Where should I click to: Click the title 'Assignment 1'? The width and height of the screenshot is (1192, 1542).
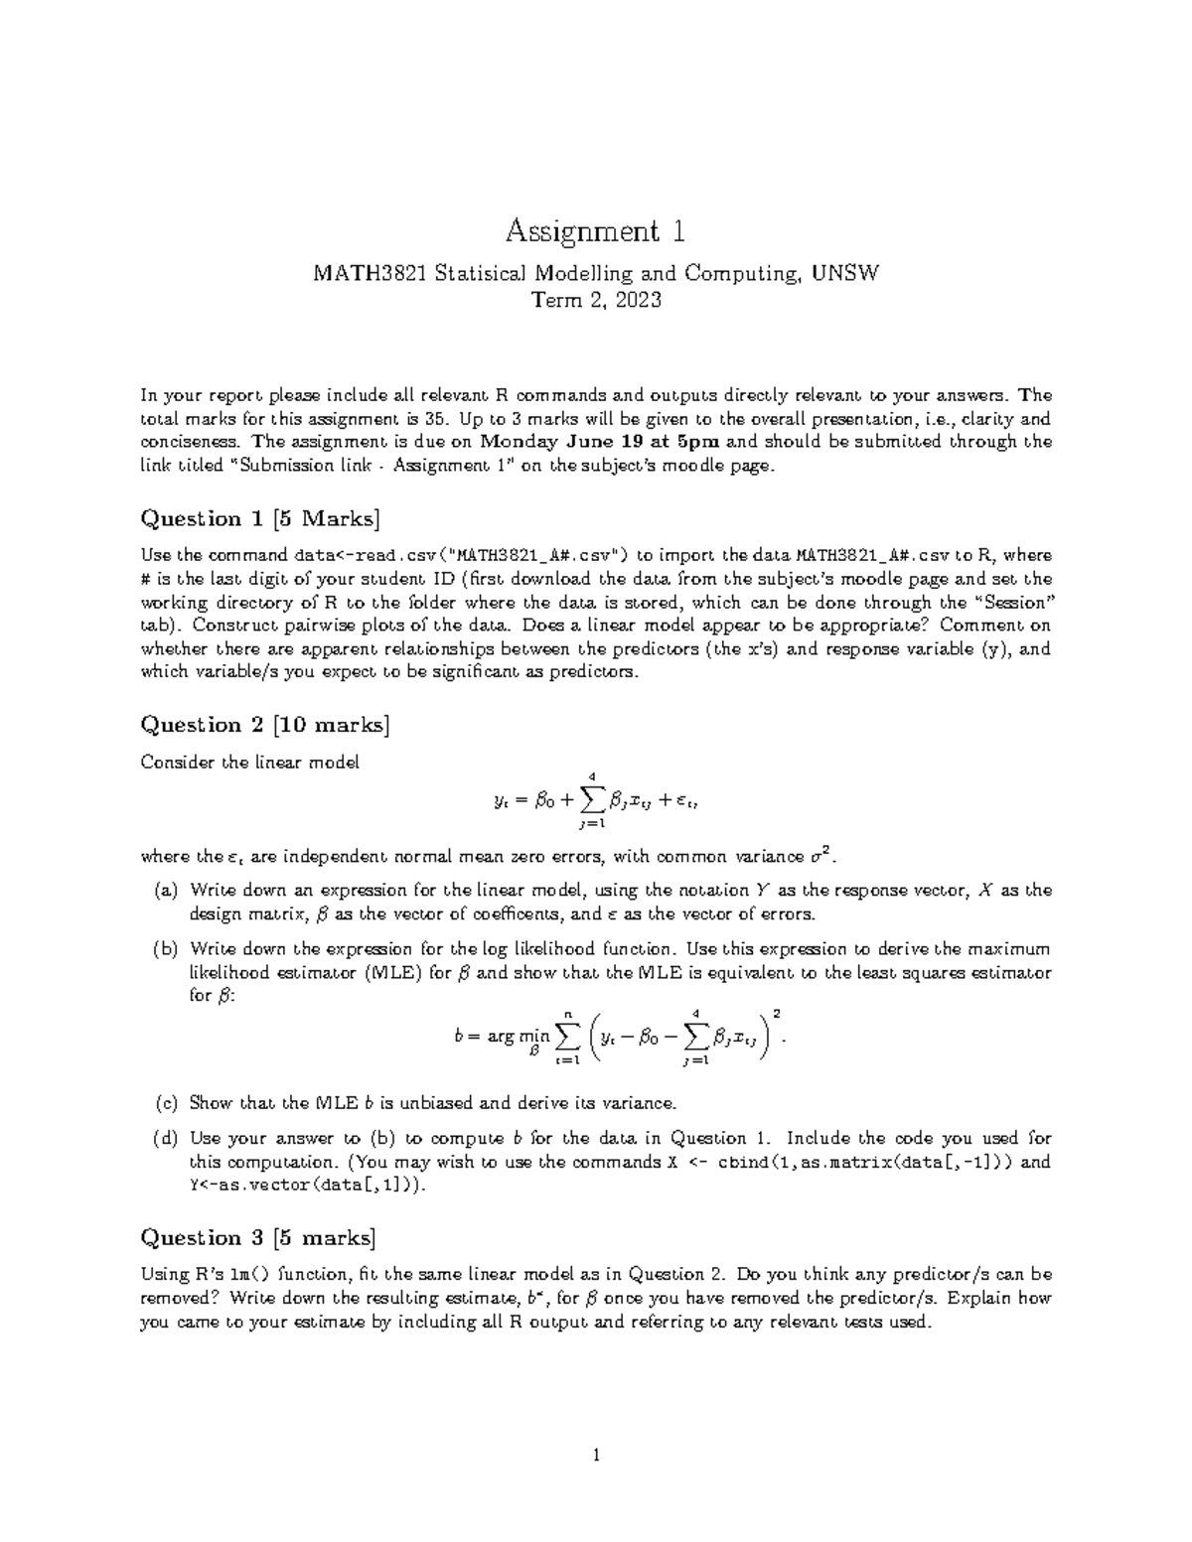click(x=595, y=231)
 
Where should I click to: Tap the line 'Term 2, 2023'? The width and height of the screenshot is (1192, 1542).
click(x=595, y=300)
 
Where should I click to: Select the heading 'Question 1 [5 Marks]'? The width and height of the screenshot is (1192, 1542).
click(x=260, y=518)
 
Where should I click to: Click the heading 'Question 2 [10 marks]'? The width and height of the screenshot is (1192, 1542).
click(x=265, y=725)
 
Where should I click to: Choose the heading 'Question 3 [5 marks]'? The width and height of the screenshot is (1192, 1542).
click(x=259, y=1237)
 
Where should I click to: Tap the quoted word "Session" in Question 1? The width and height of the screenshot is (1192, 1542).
click(x=1011, y=602)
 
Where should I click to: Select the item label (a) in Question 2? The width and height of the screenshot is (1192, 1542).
click(x=165, y=891)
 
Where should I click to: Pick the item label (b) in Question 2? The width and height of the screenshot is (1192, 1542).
click(x=165, y=949)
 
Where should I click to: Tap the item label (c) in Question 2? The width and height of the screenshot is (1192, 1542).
click(x=165, y=1102)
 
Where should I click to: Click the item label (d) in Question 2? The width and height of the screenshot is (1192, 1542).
click(x=165, y=1138)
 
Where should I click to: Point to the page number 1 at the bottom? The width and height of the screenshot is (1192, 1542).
click(x=595, y=1457)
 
